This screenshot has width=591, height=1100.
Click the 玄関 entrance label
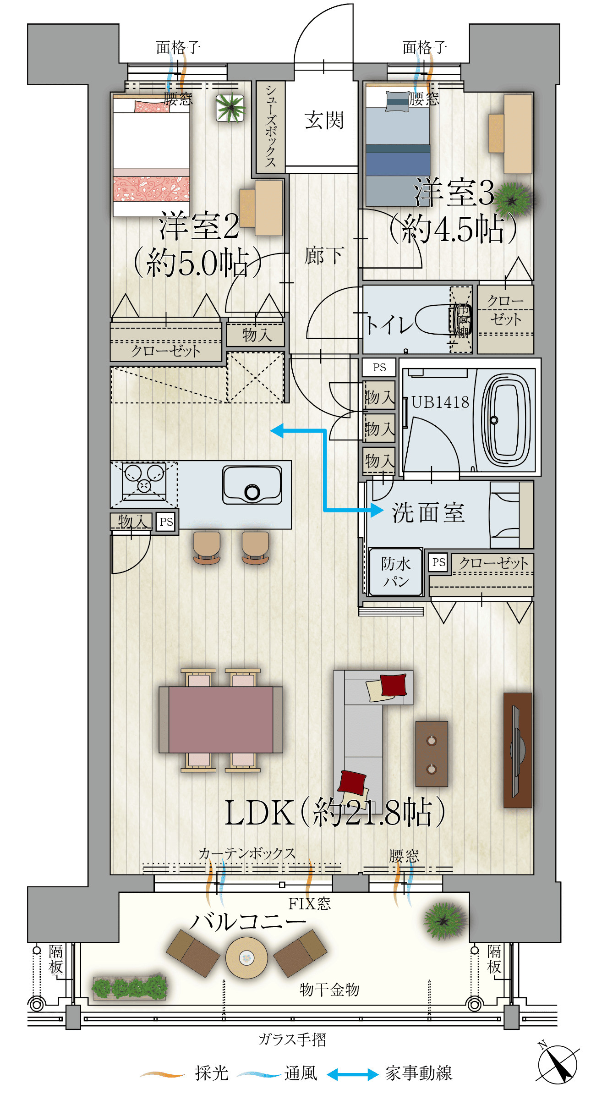pyautogui.click(x=324, y=121)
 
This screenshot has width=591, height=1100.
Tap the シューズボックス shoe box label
pyautogui.click(x=271, y=126)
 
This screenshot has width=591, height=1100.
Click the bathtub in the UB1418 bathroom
pyautogui.click(x=507, y=420)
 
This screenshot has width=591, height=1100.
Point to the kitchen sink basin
pyautogui.click(x=252, y=485)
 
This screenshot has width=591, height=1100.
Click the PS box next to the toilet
pyautogui.click(x=379, y=368)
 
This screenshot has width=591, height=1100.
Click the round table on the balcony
pyautogui.click(x=246, y=957)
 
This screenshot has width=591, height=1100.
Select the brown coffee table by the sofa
pyautogui.click(x=431, y=754)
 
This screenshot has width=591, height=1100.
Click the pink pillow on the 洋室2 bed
pyautogui.click(x=149, y=107)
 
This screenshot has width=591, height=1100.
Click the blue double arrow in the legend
pyautogui.click(x=352, y=1074)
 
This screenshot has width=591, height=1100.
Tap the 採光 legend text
pyautogui.click(x=211, y=1073)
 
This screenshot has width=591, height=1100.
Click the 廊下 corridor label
pyautogui.click(x=324, y=256)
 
